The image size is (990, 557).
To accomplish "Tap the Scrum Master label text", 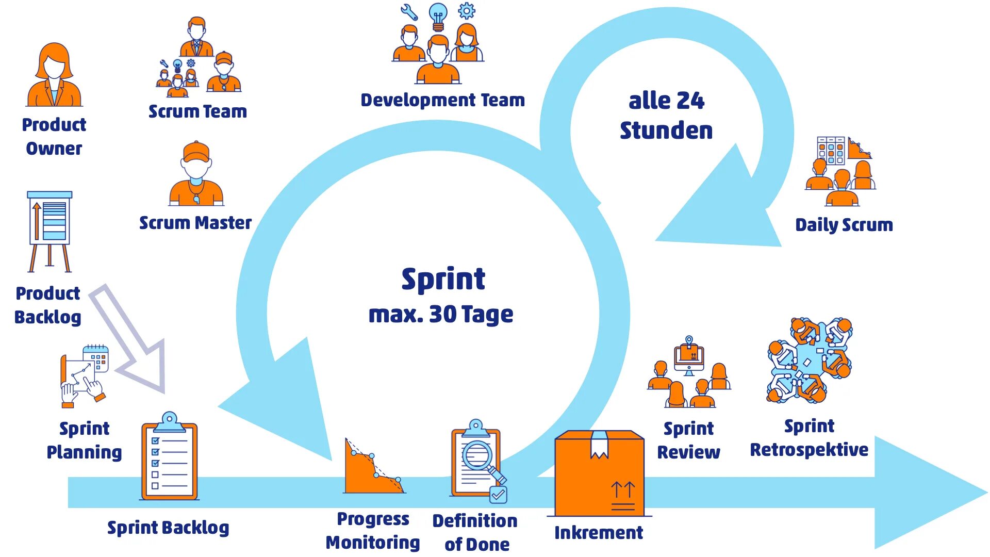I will pyautogui.click(x=195, y=223).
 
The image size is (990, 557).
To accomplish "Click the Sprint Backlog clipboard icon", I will pyautogui.click(x=169, y=457).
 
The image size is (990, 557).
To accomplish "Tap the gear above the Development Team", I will pyautogui.click(x=467, y=10).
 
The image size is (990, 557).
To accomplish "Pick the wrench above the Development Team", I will pyautogui.click(x=409, y=12).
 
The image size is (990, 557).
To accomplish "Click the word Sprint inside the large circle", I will pyautogui.click(x=443, y=279).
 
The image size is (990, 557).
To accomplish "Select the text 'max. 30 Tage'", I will pyautogui.click(x=441, y=314).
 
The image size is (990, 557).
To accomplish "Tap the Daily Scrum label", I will pyautogui.click(x=844, y=225).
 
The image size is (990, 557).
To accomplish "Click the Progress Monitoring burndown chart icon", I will pyautogui.click(x=373, y=467).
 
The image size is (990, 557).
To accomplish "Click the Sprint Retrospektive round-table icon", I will pyautogui.click(x=810, y=361).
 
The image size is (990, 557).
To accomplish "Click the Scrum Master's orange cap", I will pyautogui.click(x=196, y=151).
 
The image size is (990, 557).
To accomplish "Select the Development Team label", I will pyautogui.click(x=442, y=100).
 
